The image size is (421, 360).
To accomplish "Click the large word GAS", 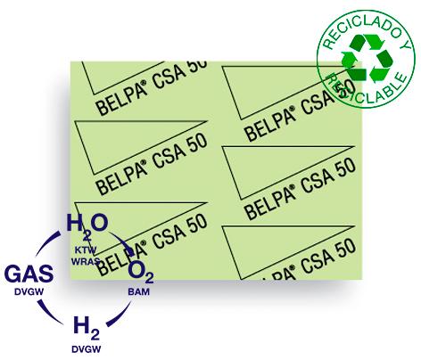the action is [29, 274].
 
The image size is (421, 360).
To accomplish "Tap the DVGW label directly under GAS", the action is [29, 291].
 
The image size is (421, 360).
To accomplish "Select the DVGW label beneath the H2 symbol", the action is [87, 349].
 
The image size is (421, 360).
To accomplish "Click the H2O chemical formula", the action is [87, 225].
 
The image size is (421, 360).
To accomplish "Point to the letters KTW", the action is [86, 250].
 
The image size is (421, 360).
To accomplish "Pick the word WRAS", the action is [86, 262].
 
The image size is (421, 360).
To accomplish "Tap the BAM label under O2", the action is [139, 291].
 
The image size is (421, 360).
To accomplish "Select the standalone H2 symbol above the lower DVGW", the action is [87, 328].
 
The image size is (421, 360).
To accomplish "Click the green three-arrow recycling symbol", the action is [367, 58].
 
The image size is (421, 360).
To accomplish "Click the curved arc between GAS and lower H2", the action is [49, 314].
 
